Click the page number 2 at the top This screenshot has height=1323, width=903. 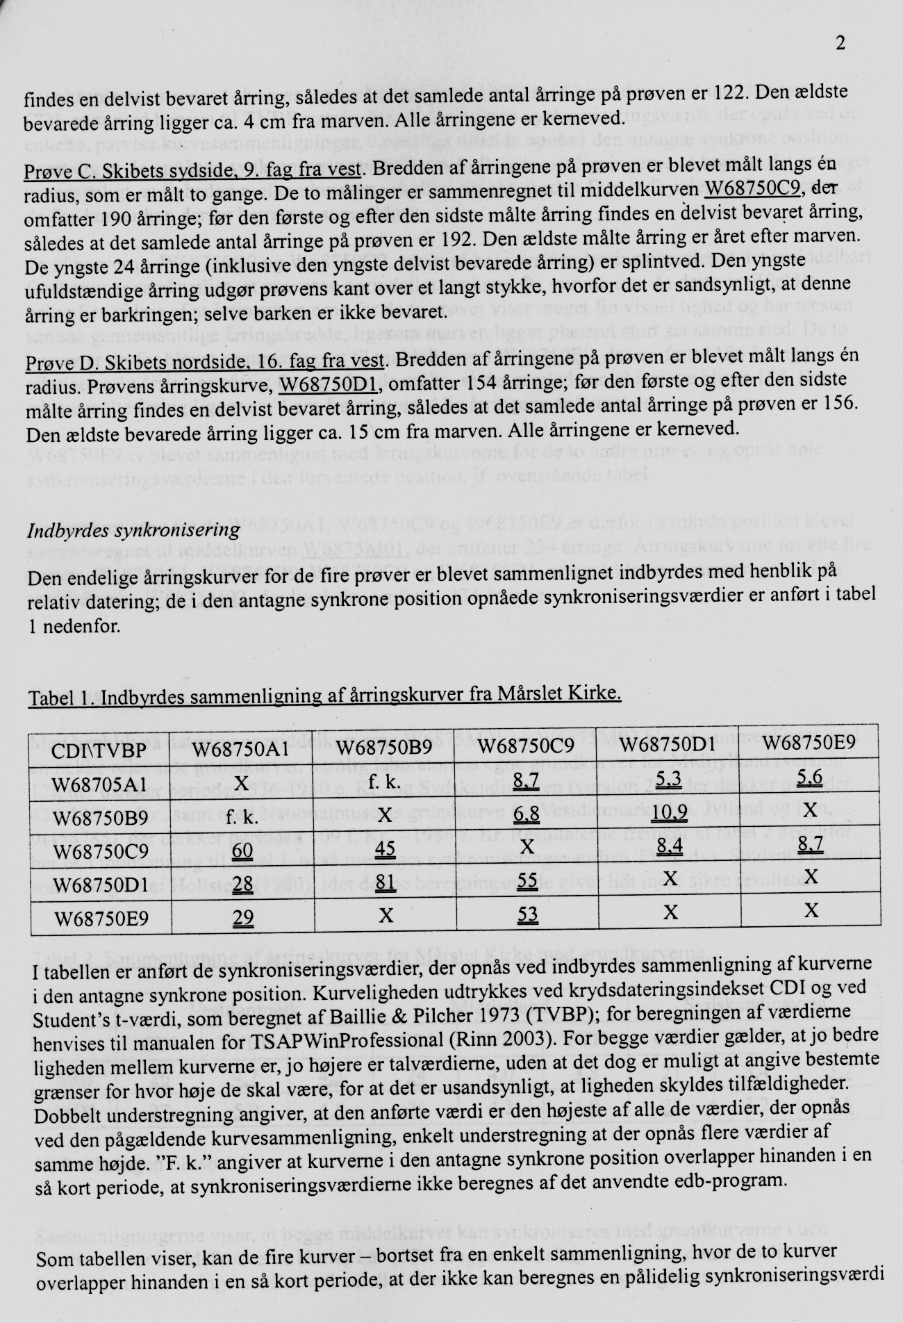pos(841,44)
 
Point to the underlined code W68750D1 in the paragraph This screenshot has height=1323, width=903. pos(329,383)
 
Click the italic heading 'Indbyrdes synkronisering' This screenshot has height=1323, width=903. pos(133,531)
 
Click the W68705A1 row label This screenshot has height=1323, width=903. pos(99,784)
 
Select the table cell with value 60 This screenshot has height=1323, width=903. pos(242,850)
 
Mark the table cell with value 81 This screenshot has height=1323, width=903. pos(386,882)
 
